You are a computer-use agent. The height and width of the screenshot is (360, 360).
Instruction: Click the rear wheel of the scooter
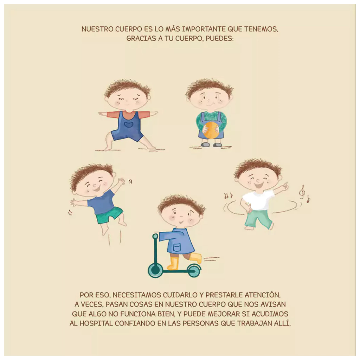(194, 271)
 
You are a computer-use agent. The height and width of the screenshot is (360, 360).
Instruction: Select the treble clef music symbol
(303, 192)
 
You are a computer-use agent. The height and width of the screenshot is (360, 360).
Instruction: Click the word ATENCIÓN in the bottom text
(262, 295)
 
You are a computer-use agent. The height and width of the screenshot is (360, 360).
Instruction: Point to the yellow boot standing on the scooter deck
(172, 263)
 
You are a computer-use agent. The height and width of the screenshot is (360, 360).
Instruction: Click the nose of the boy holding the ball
(208, 101)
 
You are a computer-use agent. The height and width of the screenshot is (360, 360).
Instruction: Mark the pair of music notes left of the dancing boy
(228, 196)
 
